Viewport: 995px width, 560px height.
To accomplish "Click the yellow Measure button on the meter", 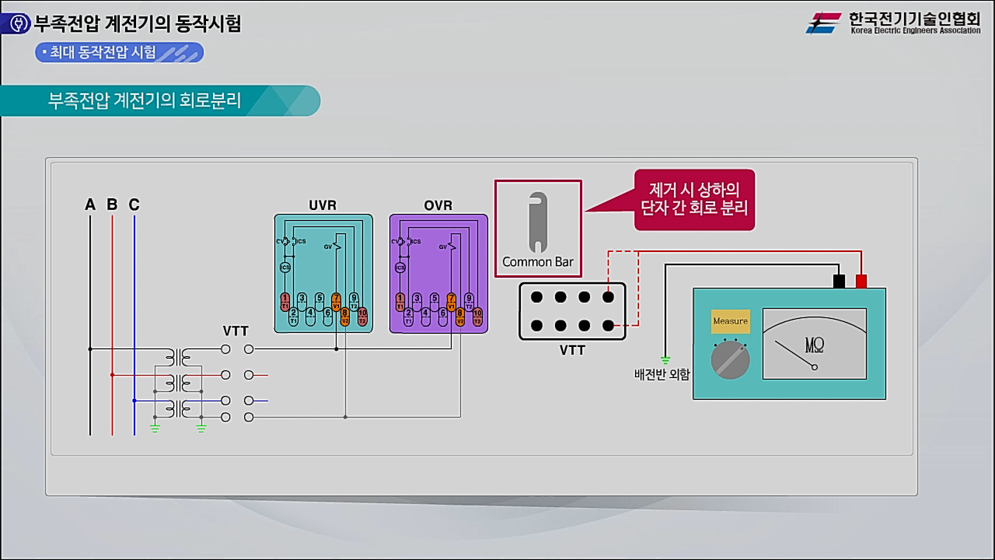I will coord(730,321).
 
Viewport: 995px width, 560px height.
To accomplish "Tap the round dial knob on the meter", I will coord(730,360).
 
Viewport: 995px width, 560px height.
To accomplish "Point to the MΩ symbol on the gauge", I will coord(815,344).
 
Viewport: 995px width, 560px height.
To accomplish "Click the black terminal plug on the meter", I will coord(839,281).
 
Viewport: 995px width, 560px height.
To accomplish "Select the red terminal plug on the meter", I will coord(861,281).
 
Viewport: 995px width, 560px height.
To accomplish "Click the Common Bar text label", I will coord(538,261).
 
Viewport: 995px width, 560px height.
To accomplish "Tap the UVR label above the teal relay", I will coord(323,206).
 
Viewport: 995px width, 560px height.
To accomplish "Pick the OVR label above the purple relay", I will coord(438,206).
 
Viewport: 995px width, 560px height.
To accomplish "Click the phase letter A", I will coord(90,205).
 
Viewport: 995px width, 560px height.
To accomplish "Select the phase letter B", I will coord(112,205).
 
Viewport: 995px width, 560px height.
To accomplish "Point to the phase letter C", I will coord(134,205).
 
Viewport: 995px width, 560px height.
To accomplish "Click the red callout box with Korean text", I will coord(694,199).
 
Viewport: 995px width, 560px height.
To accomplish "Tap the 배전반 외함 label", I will coord(662,374).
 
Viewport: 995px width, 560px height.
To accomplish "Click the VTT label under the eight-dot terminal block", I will coord(572,351).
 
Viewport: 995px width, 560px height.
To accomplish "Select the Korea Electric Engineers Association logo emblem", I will coord(823,23).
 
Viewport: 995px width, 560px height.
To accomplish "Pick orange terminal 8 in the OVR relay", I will coord(460,316).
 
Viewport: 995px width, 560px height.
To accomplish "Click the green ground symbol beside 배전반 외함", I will coord(665,360).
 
